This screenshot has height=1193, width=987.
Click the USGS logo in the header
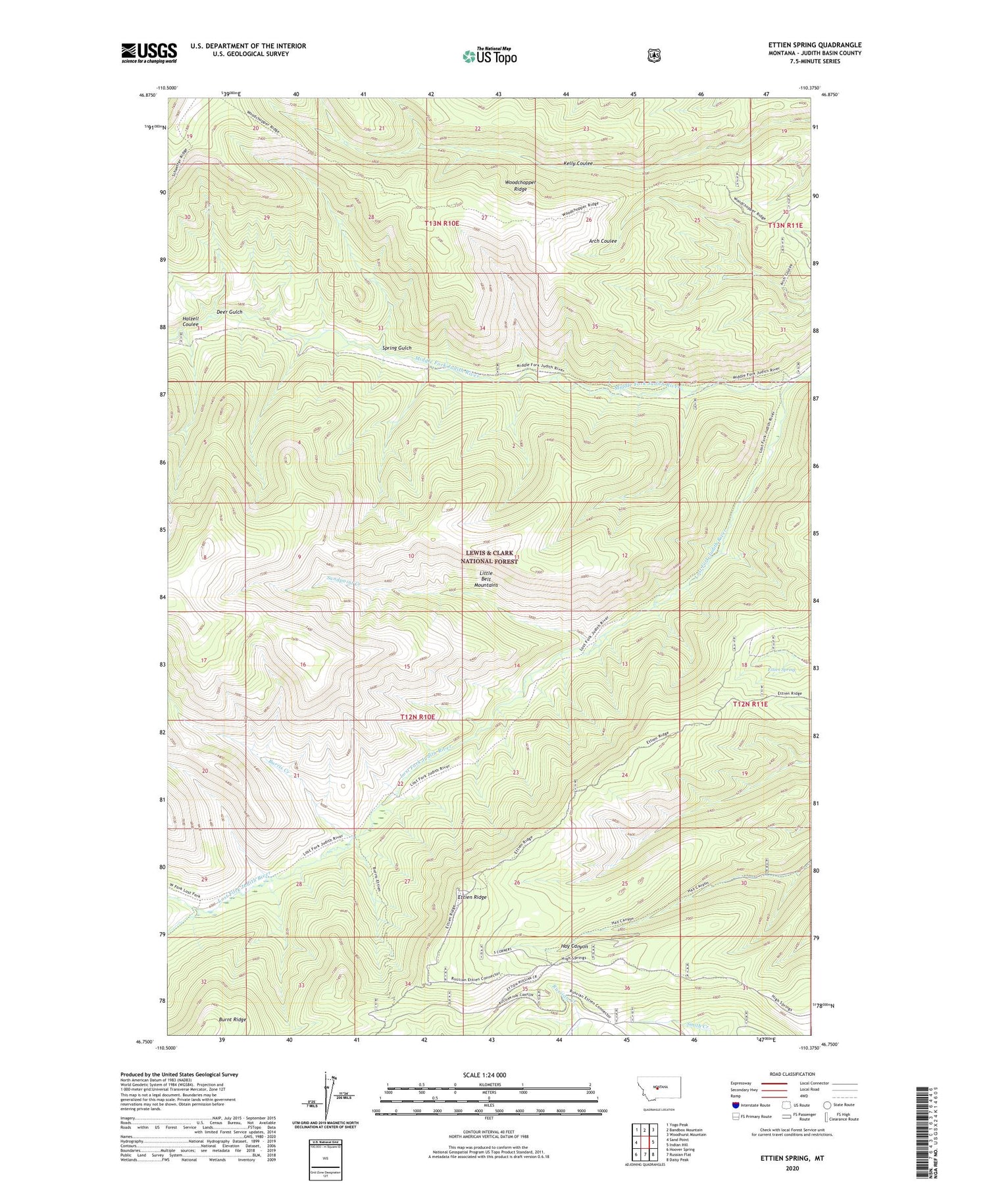pos(149,52)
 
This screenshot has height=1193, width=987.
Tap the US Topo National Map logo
pos(489,55)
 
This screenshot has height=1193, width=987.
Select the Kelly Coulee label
pos(578,163)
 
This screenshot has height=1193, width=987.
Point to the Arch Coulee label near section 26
pos(602,241)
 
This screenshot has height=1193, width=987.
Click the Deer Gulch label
pos(229,312)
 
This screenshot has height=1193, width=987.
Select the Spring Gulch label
pos(397,348)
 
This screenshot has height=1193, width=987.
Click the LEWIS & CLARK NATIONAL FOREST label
pos(490,557)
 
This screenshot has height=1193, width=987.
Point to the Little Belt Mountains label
pos(486,578)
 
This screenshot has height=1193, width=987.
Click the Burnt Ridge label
pos(232,1019)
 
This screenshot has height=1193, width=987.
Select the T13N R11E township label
pos(786,225)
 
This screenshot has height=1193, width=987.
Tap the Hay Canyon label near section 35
pos(574,947)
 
